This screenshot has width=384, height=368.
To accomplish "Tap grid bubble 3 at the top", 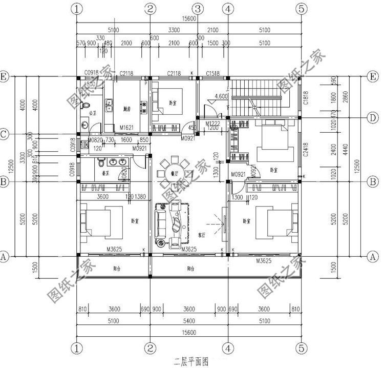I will click(199, 9).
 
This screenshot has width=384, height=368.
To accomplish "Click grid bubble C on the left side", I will click(4, 135).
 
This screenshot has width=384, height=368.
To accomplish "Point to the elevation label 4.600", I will click(221, 96).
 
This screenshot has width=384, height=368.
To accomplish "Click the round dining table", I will click(170, 169).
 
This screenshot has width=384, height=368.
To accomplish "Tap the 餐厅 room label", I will click(170, 174).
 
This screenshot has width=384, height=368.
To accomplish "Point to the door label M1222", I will click(212, 124).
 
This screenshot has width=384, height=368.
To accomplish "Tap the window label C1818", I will click(305, 97).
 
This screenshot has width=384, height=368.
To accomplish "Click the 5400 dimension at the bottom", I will click(188, 321).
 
